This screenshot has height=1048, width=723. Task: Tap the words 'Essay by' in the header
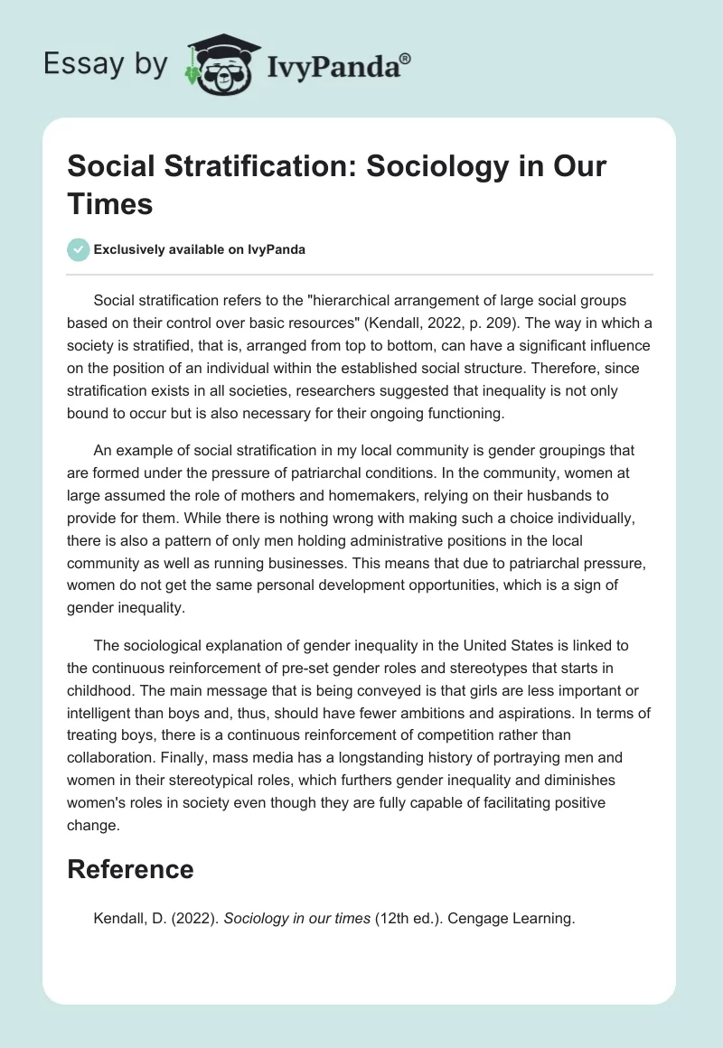(105, 63)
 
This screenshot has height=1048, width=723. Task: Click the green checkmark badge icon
(79, 249)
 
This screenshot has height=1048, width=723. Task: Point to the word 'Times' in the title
(111, 203)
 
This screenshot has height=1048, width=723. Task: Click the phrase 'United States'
(532, 645)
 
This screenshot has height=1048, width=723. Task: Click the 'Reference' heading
(131, 869)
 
